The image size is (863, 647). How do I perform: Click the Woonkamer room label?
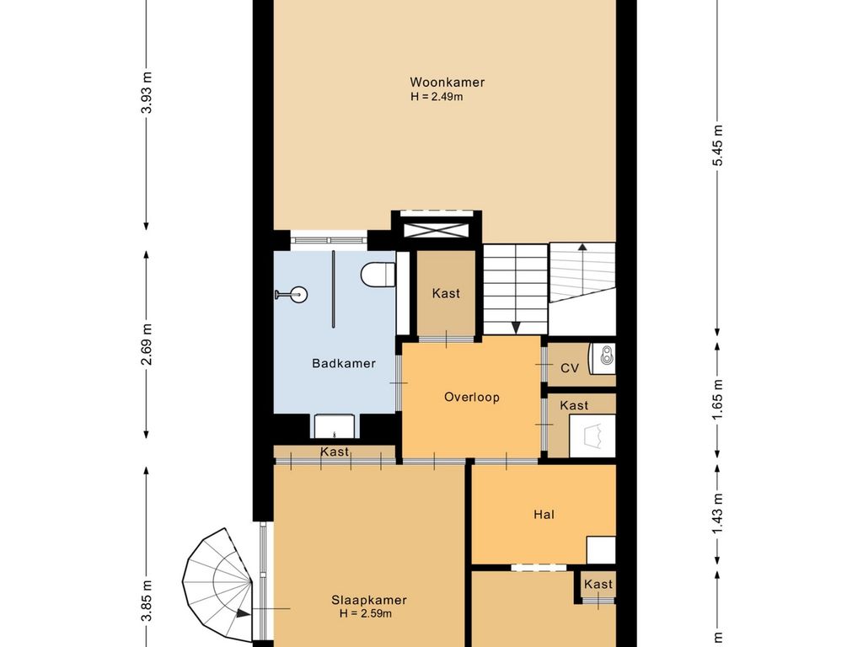pos(447,83)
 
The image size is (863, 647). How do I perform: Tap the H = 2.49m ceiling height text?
pos(437,97)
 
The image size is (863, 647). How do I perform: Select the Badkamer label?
pos(344,363)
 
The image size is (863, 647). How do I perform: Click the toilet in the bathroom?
pos(378,274)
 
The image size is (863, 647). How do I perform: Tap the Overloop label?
pos(472,398)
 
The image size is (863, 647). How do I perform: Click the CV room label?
pos(570,368)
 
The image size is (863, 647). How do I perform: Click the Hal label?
pos(544,515)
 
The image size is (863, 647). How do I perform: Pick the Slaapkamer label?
pos(369,600)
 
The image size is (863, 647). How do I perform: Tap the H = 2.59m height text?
pos(366,613)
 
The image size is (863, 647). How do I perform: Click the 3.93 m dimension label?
pos(147,93)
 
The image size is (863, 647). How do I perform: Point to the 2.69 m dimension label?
pos(147,345)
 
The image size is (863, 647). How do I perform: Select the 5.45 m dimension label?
pos(717,145)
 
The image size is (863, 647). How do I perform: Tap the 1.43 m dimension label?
pos(717,514)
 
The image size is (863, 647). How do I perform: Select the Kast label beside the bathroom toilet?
pos(446,293)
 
